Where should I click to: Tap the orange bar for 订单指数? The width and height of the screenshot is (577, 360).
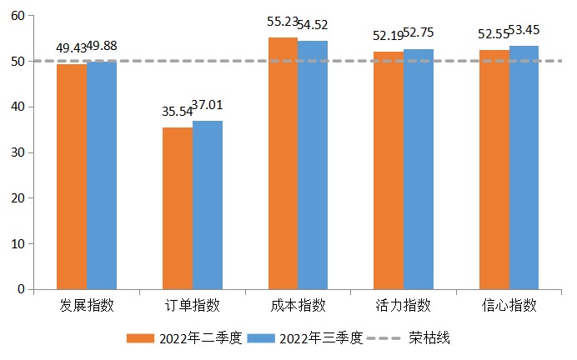(x=178, y=208)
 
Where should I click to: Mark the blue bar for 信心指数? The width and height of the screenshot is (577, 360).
(x=524, y=167)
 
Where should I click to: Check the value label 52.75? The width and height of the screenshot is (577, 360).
(x=418, y=33)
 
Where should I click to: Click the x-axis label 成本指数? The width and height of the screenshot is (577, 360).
(x=298, y=305)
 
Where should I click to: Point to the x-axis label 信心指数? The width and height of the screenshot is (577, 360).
(x=509, y=305)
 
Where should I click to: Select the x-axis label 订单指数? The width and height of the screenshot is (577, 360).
(x=193, y=305)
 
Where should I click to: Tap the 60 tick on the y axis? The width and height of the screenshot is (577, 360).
(x=18, y=16)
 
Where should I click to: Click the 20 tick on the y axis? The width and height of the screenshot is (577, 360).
(x=18, y=198)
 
